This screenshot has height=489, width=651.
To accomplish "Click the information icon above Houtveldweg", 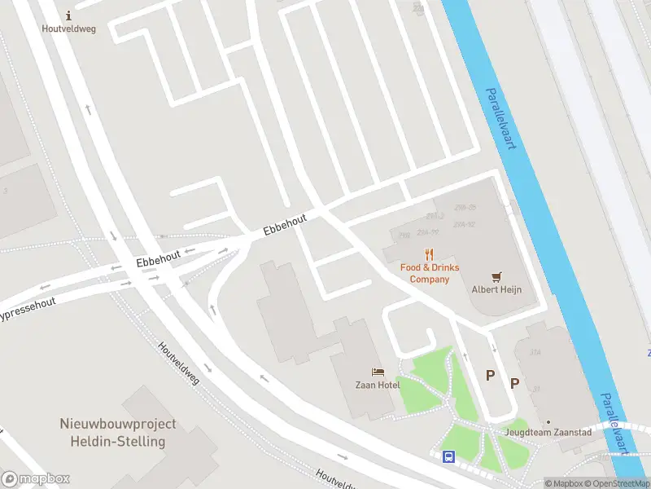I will (68, 15).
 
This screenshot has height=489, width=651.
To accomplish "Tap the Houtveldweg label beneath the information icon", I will (68, 28).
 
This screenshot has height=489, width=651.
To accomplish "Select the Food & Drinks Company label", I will (429, 273).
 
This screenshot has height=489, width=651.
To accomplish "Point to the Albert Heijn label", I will (496, 289).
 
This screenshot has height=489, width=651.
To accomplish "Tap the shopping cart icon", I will (496, 276).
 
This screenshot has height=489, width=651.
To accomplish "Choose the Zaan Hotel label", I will (377, 385).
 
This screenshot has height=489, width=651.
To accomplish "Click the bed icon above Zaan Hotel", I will (377, 372).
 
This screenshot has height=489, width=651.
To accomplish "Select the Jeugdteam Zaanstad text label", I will (548, 432).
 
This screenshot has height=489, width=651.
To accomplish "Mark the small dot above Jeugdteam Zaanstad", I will (548, 422).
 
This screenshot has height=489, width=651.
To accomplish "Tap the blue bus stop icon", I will (448, 456).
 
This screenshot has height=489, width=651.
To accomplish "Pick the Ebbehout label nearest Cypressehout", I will (158, 260).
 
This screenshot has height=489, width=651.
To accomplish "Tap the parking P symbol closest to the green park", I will (490, 375).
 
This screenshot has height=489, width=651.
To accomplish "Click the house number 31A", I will (535, 352).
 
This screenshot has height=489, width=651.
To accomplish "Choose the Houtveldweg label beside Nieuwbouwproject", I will (178, 363).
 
